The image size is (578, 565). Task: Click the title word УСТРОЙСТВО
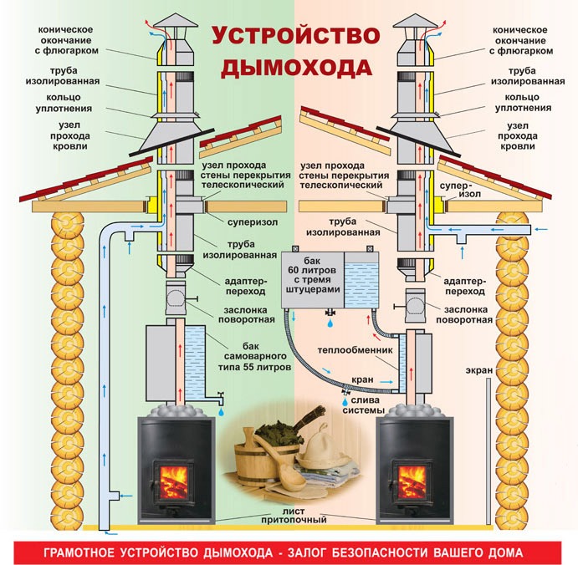coord(289,36)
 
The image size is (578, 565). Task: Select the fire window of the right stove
coord(409,480)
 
